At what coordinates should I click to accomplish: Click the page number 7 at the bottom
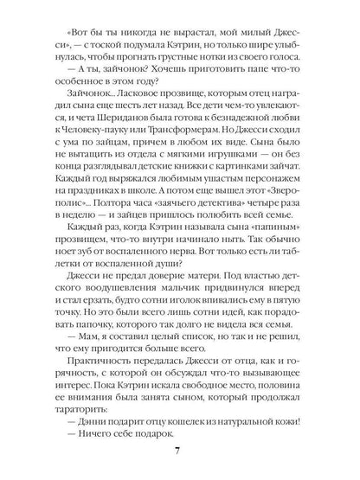180,453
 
